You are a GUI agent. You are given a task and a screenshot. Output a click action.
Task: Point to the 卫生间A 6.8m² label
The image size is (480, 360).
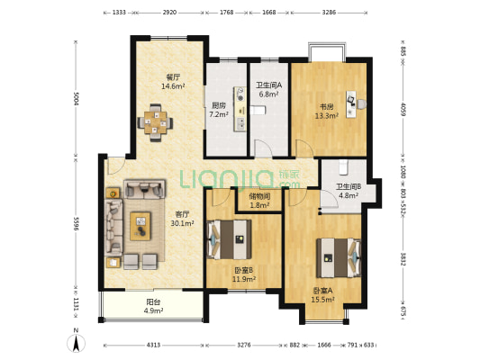[268, 90]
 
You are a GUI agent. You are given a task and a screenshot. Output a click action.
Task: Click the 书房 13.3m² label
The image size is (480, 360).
[325, 111]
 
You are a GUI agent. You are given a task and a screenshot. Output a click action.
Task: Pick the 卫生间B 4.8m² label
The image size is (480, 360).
[349, 191]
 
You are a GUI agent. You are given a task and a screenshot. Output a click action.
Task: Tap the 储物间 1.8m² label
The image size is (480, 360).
[258, 201]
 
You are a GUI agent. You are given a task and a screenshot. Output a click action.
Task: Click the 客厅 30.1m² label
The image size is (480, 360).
[183, 219]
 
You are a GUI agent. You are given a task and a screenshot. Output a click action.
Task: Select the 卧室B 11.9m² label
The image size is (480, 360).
[244, 274]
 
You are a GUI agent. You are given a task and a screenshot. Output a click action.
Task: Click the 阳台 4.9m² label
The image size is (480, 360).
[154, 307]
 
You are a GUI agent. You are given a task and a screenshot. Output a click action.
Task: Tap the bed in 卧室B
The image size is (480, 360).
[229, 240]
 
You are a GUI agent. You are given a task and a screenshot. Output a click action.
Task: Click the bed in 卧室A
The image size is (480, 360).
[338, 257]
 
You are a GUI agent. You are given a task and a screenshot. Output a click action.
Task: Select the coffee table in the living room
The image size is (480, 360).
[140, 225]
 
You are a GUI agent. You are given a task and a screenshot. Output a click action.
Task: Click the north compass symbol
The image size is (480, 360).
[77, 342]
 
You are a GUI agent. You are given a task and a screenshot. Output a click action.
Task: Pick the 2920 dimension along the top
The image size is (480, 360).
[170, 13]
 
